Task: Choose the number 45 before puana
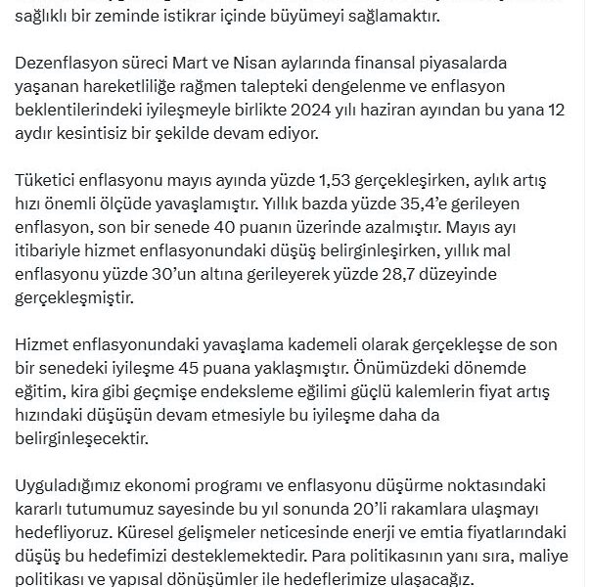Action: click(x=258, y=369)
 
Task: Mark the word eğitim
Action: click(x=41, y=391)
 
